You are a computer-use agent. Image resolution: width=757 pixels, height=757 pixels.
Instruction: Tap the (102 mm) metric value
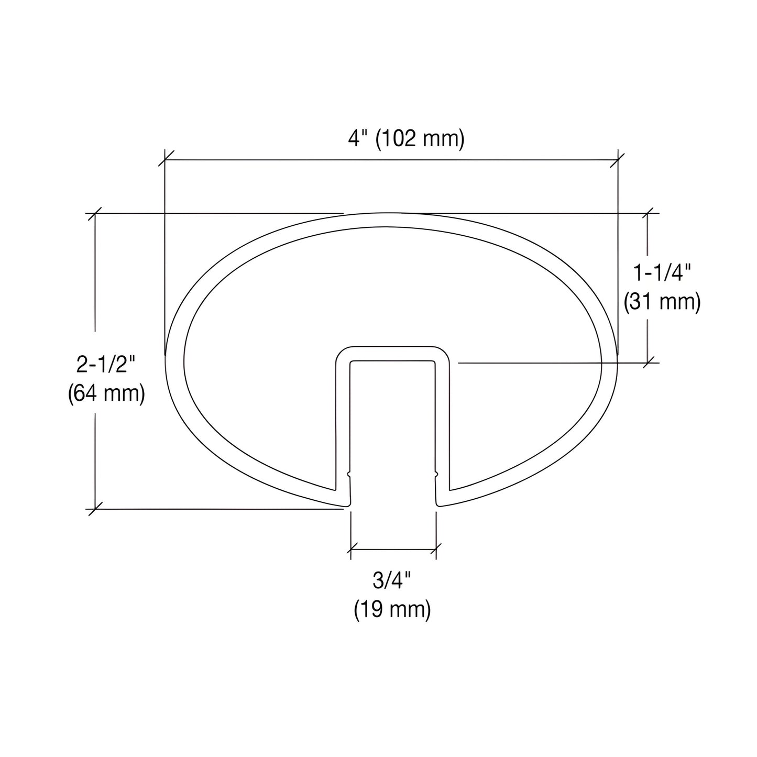click(x=420, y=139)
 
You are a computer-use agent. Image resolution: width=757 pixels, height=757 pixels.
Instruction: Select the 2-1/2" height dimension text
click(x=106, y=364)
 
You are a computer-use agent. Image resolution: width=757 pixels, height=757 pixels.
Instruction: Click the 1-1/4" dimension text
click(x=662, y=273)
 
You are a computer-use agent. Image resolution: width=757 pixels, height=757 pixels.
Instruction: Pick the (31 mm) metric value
click(x=662, y=302)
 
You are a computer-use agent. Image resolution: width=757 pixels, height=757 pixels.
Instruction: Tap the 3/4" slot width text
click(x=392, y=581)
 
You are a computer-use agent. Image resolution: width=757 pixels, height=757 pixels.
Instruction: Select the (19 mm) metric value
click(x=392, y=610)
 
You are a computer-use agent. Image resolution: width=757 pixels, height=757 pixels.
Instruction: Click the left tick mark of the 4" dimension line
click(x=165, y=159)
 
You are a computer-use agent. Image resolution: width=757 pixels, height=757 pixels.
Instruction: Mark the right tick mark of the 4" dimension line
click(x=618, y=159)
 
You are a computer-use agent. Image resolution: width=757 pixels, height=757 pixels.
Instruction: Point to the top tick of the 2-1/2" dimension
click(x=95, y=213)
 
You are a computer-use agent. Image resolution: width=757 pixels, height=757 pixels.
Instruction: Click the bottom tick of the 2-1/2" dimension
click(x=95, y=509)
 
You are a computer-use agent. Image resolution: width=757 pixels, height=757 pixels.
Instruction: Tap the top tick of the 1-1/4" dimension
click(x=650, y=213)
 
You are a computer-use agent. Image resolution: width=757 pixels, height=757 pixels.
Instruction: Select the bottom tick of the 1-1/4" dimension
click(x=650, y=362)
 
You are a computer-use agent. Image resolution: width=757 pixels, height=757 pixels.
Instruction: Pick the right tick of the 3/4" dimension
click(x=436, y=550)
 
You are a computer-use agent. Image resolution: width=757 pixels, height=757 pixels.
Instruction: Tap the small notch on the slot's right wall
click(x=436, y=475)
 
